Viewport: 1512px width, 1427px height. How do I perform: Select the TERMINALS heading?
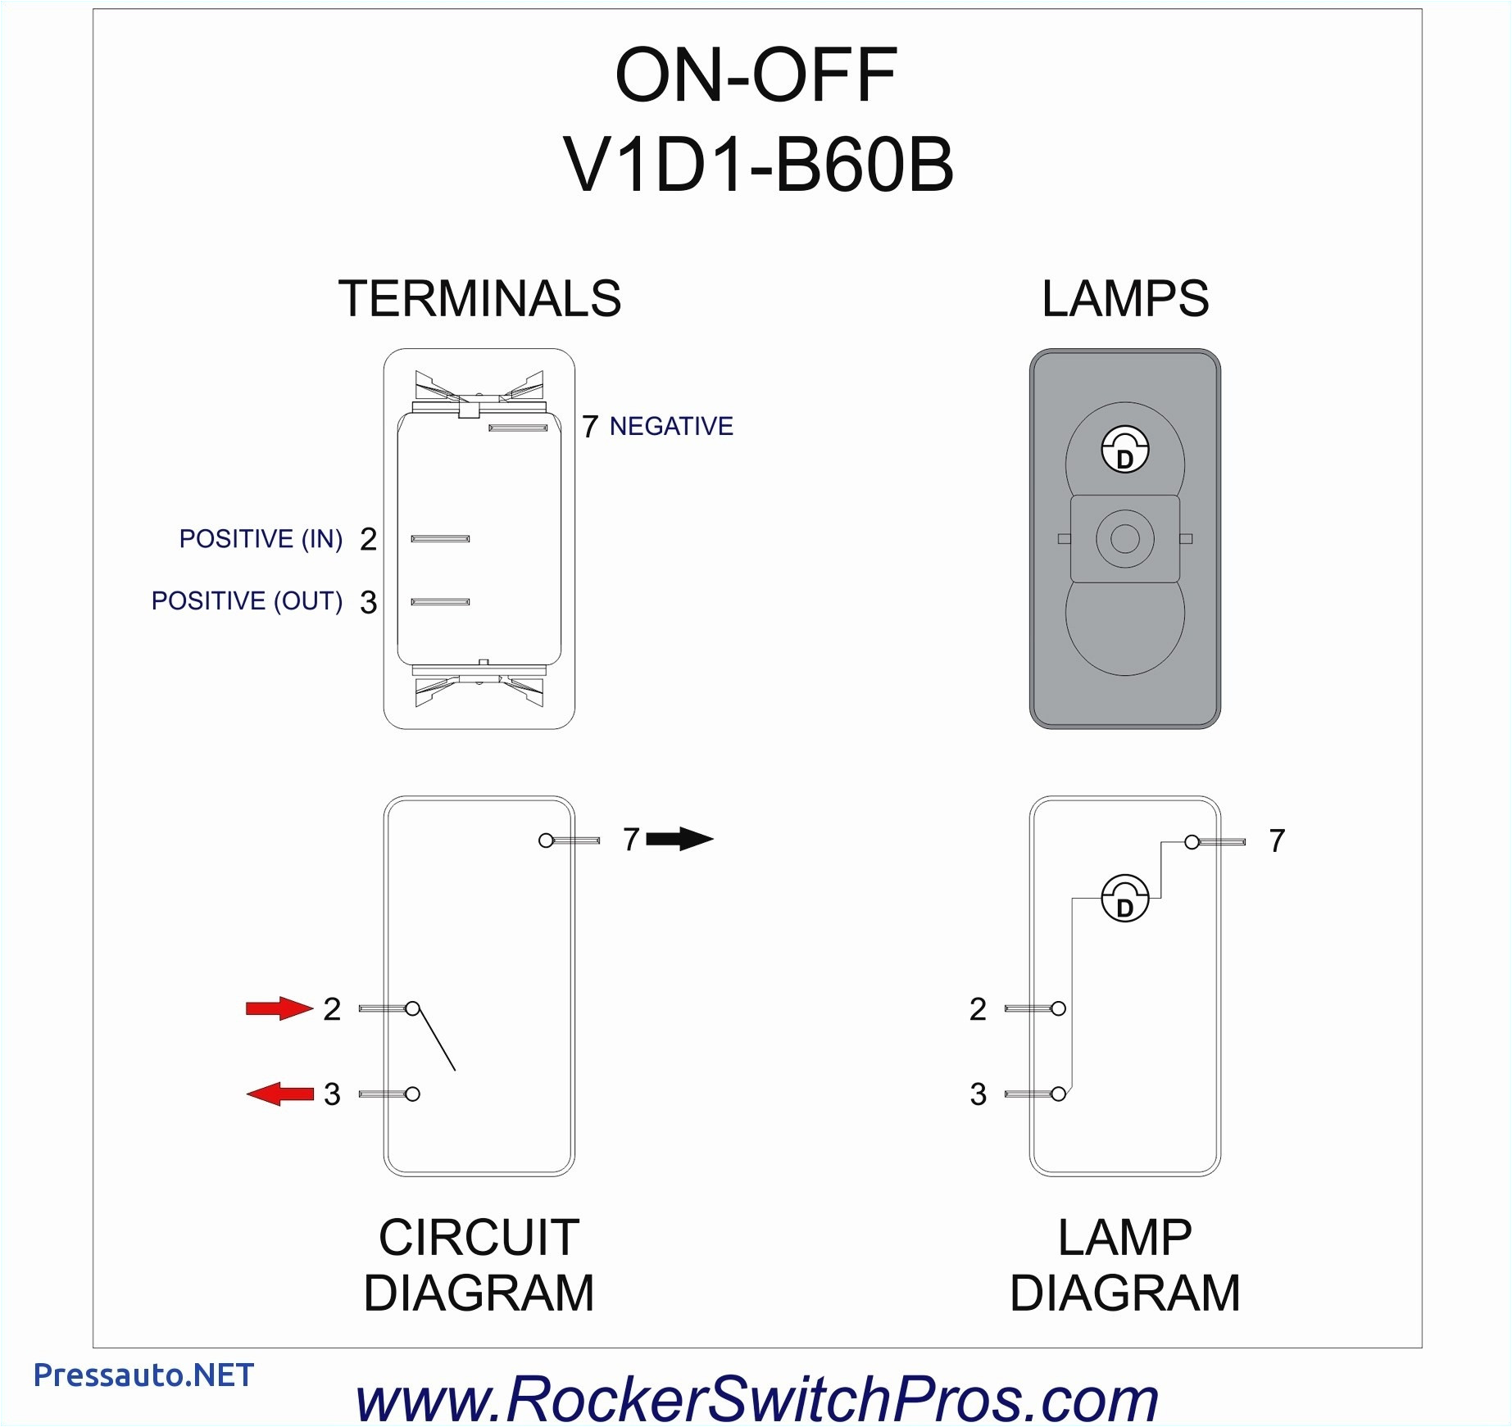pyautogui.click(x=479, y=299)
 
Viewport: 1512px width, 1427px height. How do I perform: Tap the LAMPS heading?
pyautogui.click(x=1124, y=299)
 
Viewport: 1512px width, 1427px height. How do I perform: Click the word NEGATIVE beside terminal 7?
pyautogui.click(x=671, y=427)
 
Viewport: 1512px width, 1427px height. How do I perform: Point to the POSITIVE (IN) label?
pyautogui.click(x=261, y=539)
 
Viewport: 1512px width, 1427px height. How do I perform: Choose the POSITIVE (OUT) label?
pyautogui.click(x=247, y=601)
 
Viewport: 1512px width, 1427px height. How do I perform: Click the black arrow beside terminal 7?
pyautogui.click(x=679, y=839)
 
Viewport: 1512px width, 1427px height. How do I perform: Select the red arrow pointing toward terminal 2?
pyautogui.click(x=279, y=1008)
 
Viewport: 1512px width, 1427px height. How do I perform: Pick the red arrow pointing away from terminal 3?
pyautogui.click(x=279, y=1094)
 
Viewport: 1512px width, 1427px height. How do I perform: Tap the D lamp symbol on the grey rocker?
pyautogui.click(x=1124, y=450)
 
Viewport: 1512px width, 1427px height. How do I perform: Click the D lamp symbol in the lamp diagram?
pyautogui.click(x=1125, y=899)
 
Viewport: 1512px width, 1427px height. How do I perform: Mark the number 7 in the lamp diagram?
pyautogui.click(x=1277, y=841)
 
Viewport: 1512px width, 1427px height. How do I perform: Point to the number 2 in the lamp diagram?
pyautogui.click(x=978, y=1009)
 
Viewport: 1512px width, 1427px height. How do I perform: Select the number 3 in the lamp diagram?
pyautogui.click(x=978, y=1094)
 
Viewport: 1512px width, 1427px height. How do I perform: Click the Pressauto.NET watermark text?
pyautogui.click(x=143, y=1375)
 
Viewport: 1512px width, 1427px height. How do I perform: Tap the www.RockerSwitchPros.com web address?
pyautogui.click(x=756, y=1398)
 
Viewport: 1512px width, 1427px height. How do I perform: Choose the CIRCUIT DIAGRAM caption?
pyautogui.click(x=479, y=1265)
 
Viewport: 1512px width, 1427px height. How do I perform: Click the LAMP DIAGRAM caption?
pyautogui.click(x=1124, y=1265)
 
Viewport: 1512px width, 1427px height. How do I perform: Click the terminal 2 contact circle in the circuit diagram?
pyautogui.click(x=413, y=1008)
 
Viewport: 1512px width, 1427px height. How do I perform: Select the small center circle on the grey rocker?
pyautogui.click(x=1124, y=539)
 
